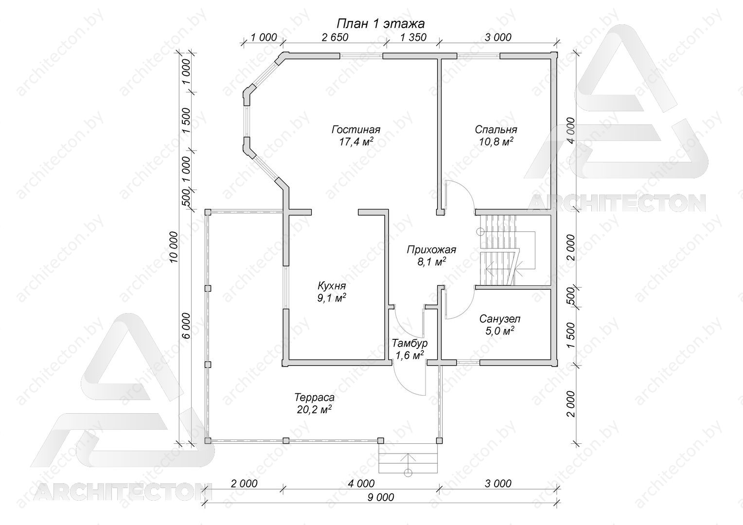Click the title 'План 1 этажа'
point(380,24)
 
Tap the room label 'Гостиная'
point(356,129)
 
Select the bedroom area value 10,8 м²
point(496,141)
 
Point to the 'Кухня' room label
point(332,285)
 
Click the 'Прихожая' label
point(431,249)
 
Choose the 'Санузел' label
point(500,319)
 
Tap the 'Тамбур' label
point(409,343)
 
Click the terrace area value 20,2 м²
point(315,410)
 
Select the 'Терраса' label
point(315,397)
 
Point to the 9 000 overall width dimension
point(381,497)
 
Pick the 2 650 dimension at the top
point(335,37)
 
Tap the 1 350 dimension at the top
point(413,37)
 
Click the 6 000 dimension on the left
point(186,325)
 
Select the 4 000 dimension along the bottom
point(361,484)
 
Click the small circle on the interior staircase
point(480,232)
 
